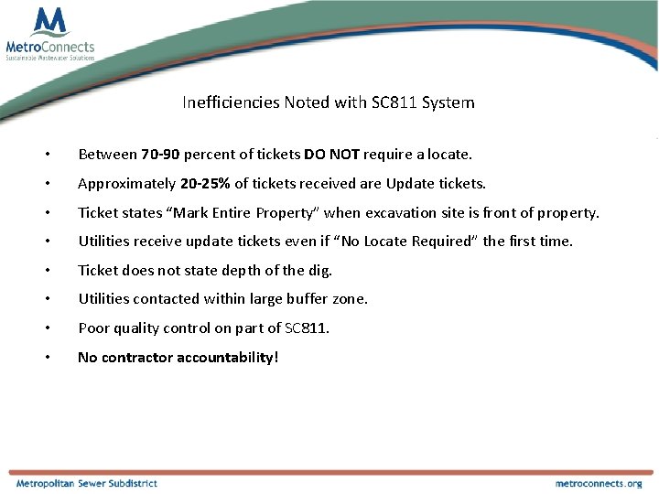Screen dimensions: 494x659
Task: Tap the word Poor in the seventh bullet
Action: coord(93,328)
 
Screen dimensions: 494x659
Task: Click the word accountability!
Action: coord(223,358)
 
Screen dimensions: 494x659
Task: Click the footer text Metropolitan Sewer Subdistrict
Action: coord(86,483)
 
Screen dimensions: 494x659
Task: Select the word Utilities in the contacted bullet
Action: coord(104,299)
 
